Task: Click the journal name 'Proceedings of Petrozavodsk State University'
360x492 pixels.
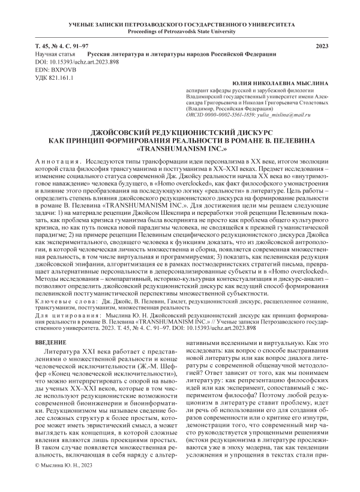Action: pos(180,31)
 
